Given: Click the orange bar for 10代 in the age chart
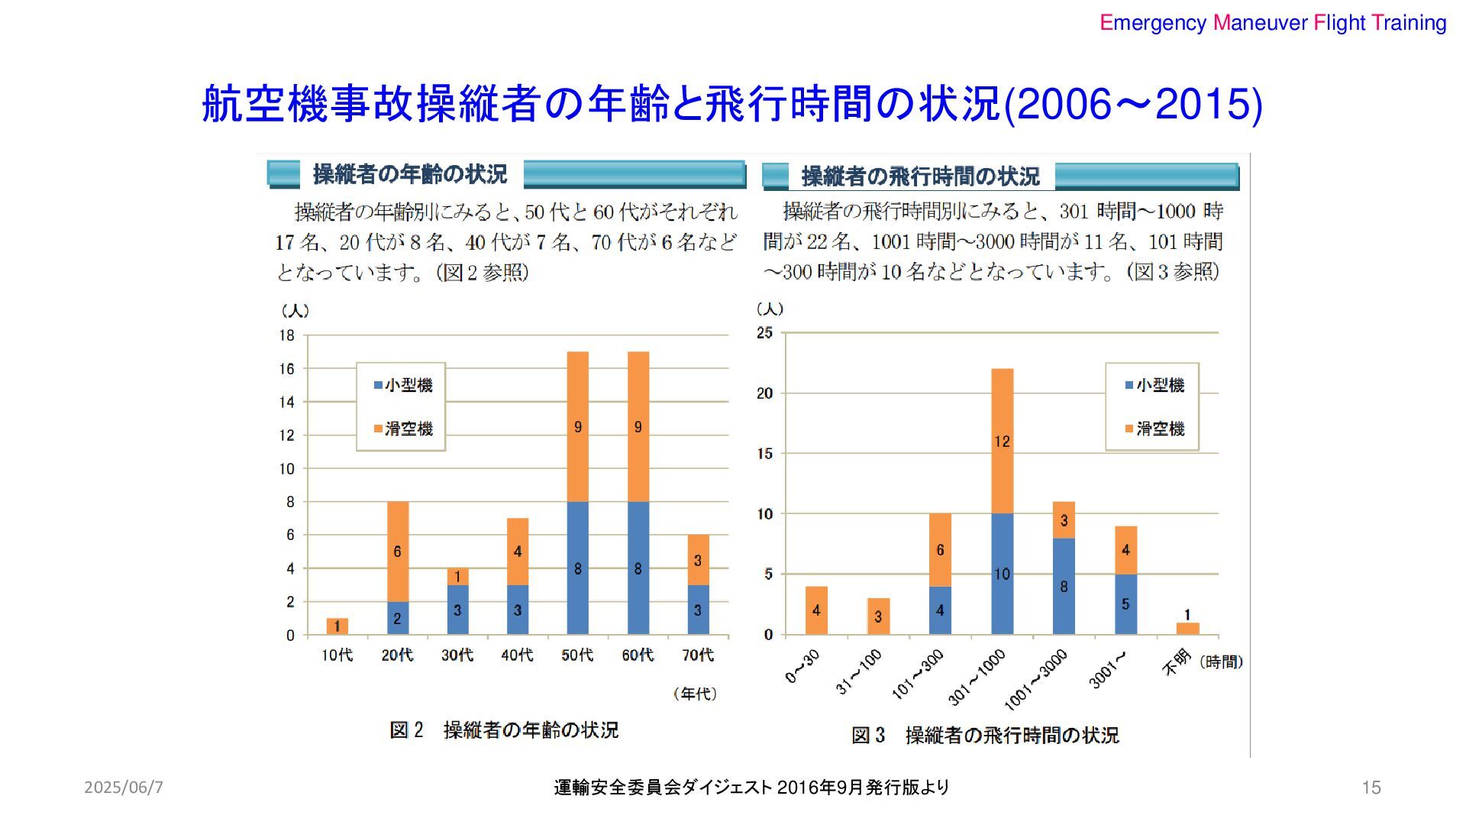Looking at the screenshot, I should click(337, 626).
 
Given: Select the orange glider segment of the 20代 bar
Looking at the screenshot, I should click(398, 552).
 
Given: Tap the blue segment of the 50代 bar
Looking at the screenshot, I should click(577, 568).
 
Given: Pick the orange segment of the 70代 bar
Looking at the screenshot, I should click(698, 560).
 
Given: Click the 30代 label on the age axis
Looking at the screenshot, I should click(457, 655).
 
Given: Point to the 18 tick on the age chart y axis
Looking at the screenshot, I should click(286, 335).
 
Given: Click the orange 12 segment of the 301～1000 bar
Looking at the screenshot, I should click(1002, 442).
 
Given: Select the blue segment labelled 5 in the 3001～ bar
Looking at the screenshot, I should click(1125, 603).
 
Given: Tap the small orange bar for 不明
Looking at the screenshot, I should click(1187, 628).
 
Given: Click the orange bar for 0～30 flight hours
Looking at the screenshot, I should click(816, 610).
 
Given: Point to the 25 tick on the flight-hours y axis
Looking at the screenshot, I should click(764, 333).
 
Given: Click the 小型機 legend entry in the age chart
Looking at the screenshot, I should click(403, 385).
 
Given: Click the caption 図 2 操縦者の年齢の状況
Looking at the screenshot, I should click(504, 730).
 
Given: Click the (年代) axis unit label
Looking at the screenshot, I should click(695, 694).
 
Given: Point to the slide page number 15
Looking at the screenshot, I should click(1371, 788).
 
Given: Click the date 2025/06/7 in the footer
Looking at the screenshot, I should click(124, 788).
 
